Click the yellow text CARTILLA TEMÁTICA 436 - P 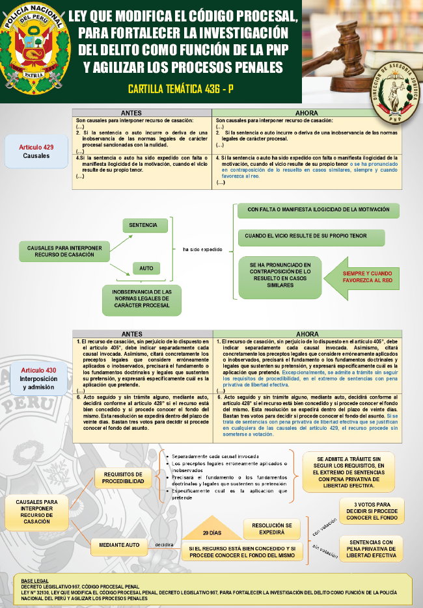(180, 90)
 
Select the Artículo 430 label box (38, 378)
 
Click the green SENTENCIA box (143, 225)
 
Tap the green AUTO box (146, 267)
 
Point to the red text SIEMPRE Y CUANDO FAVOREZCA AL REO (368, 277)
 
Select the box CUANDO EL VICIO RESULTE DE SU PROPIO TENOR (310, 238)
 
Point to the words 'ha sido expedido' (202, 249)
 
